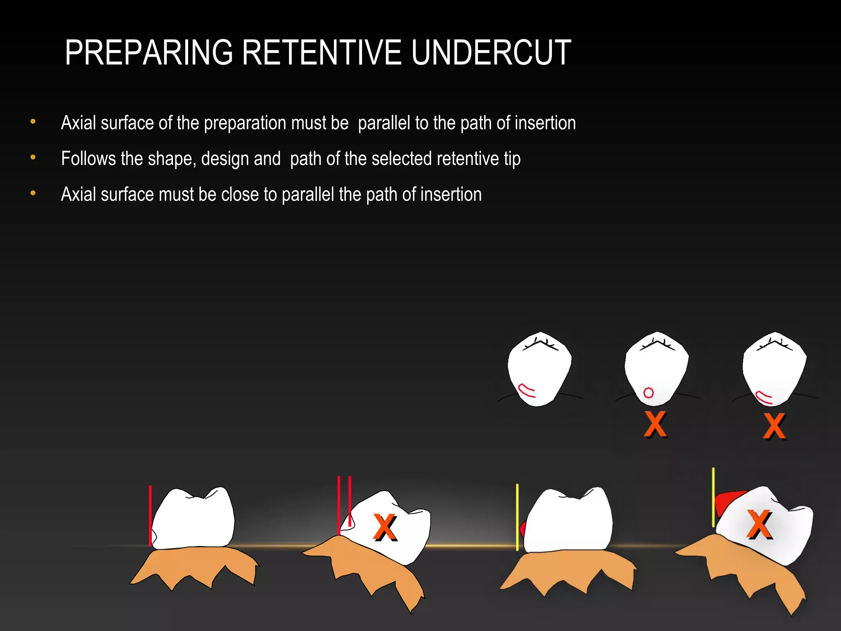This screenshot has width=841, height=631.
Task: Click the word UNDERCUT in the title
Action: coord(491,53)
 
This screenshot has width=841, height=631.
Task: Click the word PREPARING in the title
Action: coord(149,53)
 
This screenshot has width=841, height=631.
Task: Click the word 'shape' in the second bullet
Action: coord(171,159)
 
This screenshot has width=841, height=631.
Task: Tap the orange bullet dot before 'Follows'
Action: coord(33,157)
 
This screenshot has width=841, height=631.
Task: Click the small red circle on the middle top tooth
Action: coord(648,393)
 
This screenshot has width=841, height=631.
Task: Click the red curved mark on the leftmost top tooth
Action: coord(526,390)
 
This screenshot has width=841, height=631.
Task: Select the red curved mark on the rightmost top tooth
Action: coord(764,397)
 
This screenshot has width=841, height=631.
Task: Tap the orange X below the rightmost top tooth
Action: coord(774,426)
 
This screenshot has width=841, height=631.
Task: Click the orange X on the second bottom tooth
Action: coord(385,527)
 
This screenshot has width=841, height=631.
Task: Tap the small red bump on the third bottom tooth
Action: coord(523,530)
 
